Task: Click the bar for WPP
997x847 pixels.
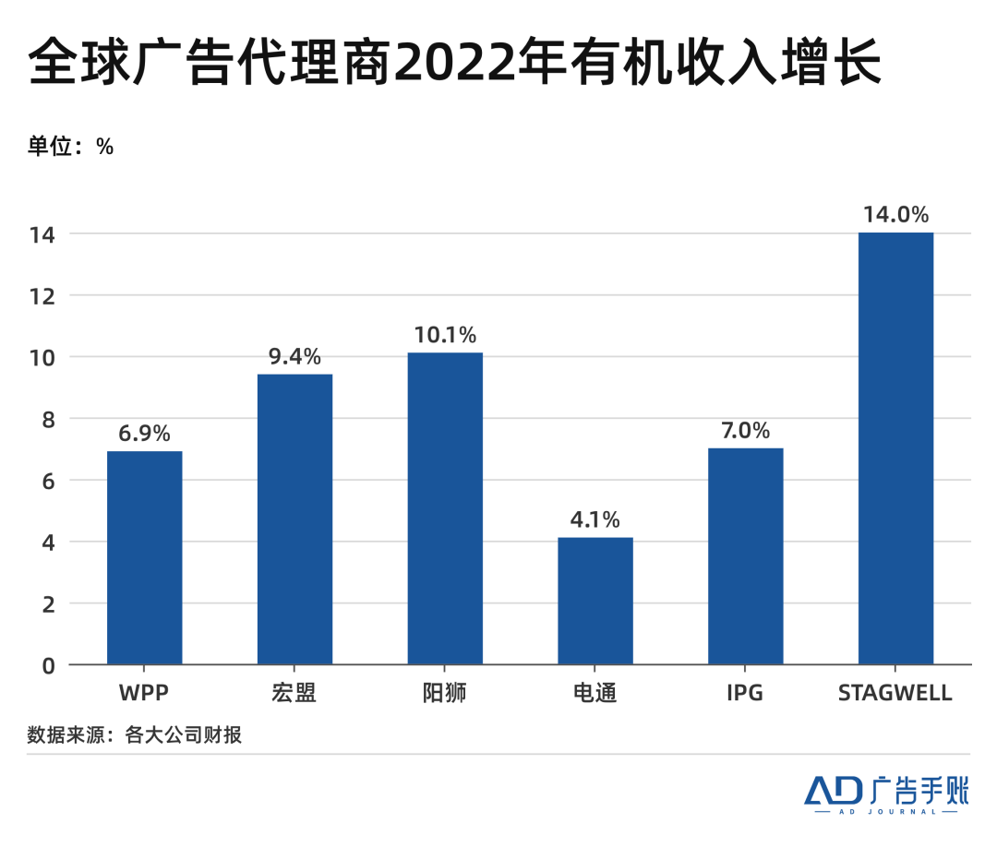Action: coord(144,557)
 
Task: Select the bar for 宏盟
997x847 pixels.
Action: coord(294,519)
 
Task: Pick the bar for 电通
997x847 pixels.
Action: coord(595,601)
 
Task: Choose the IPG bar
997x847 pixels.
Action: coord(745,555)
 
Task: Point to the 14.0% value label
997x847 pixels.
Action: coord(895,215)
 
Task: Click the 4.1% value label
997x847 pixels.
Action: coord(595,519)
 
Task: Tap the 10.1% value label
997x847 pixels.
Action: coord(445,335)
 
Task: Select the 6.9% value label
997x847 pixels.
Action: coord(144,434)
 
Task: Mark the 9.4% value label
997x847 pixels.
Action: coord(294,356)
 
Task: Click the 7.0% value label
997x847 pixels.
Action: coord(745,431)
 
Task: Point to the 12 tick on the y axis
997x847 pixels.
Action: coord(43,296)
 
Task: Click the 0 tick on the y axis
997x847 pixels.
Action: coord(49,665)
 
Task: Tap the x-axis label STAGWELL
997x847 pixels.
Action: coord(895,693)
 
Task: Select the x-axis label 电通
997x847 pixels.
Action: coord(595,693)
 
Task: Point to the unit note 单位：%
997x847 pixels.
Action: coord(71,146)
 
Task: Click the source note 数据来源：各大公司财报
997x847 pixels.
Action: coord(135,735)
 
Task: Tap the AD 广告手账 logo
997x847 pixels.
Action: coord(886,793)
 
